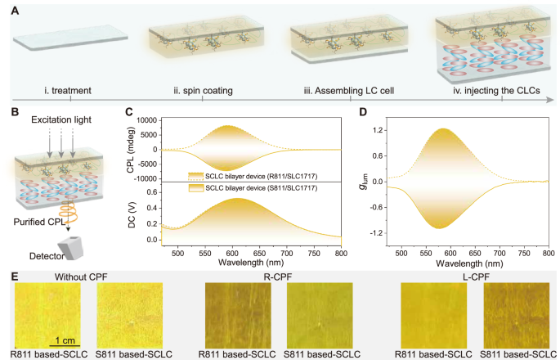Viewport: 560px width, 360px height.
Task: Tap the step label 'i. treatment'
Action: pyautogui.click(x=70, y=91)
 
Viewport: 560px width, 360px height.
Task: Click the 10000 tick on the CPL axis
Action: pyautogui.click(x=145, y=119)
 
